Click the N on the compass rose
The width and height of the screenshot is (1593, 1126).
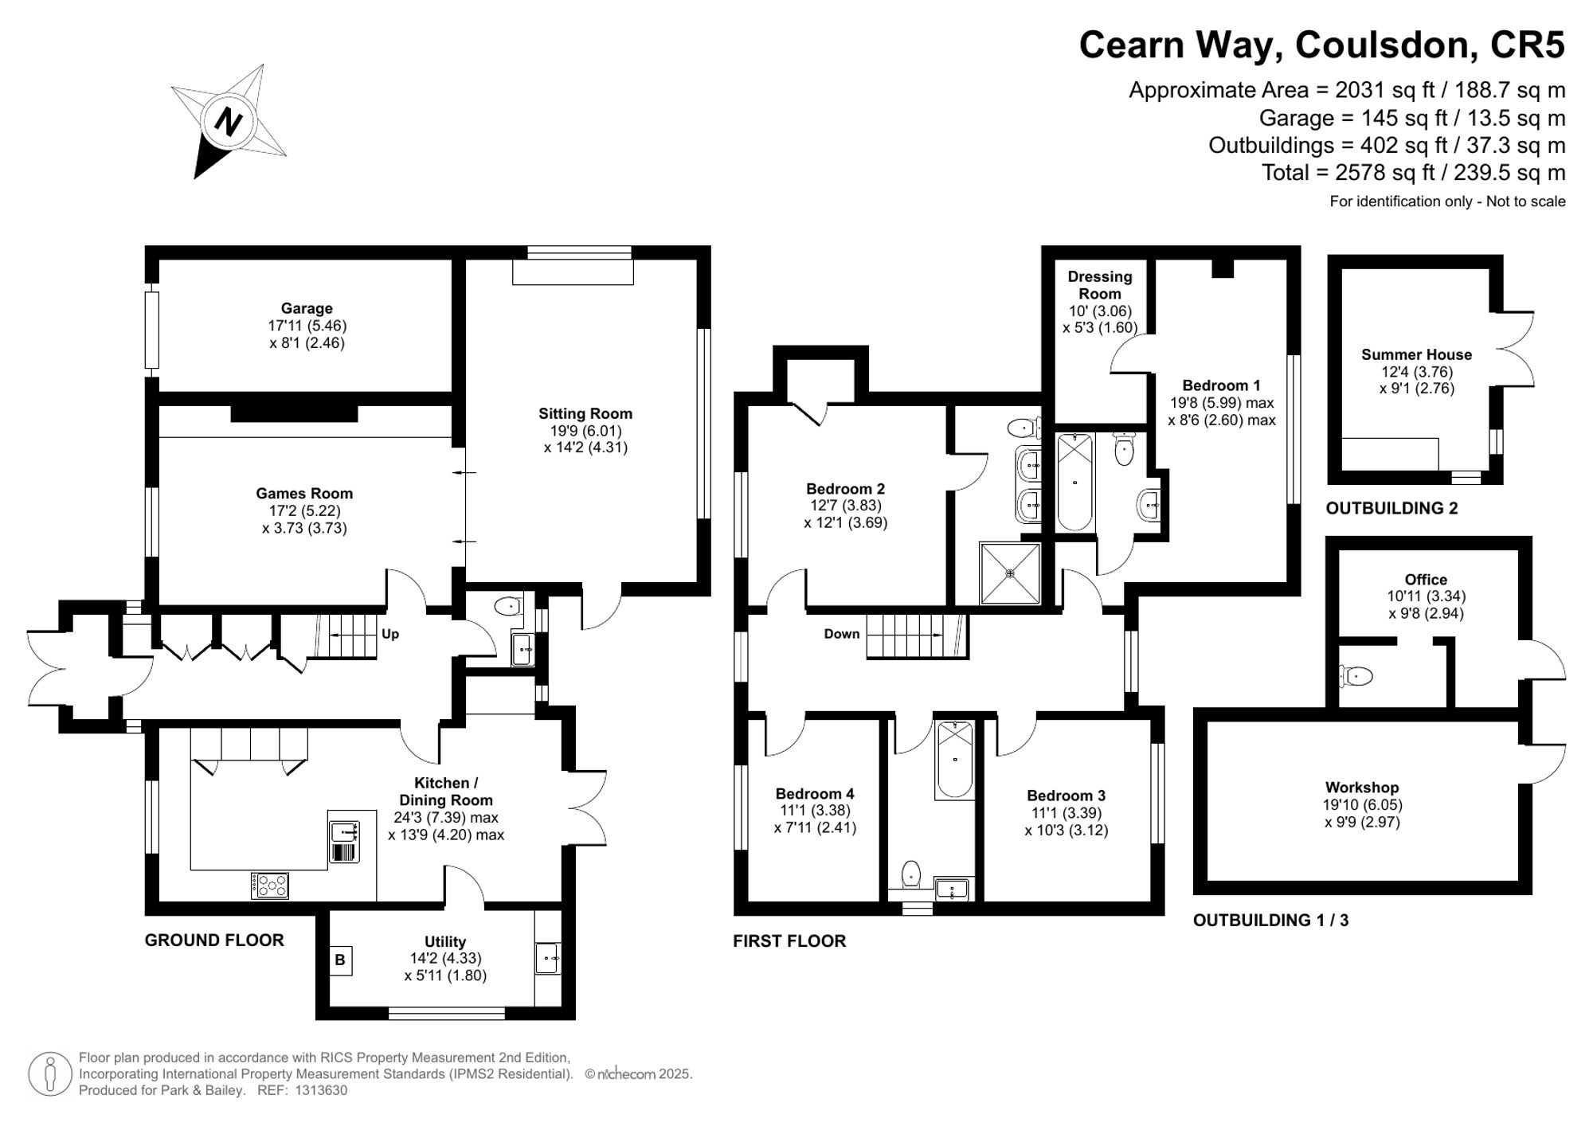229,123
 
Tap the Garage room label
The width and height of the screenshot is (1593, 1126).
307,308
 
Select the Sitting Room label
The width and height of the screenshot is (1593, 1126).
585,413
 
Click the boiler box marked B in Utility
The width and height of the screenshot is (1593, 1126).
340,960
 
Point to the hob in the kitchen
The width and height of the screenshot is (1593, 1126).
270,886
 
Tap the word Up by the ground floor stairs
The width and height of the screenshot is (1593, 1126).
390,634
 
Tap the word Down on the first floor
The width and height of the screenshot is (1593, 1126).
841,634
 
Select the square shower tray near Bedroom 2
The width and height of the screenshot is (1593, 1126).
1010,573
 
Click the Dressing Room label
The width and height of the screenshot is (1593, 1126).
1099,284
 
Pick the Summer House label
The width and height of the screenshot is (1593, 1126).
1416,354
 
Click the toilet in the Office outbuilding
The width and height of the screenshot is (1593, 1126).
1356,676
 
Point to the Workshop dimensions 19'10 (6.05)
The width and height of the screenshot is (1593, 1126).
1362,804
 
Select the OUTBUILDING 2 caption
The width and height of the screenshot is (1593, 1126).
1391,508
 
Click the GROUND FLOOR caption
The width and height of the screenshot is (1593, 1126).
214,940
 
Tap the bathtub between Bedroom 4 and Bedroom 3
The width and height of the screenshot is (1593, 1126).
954,760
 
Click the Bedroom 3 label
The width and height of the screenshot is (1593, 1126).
1066,795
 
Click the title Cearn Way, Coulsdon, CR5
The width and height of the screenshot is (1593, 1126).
1321,45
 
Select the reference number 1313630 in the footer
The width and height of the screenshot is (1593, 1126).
321,1090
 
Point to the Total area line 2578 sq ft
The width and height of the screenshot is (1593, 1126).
1413,172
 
